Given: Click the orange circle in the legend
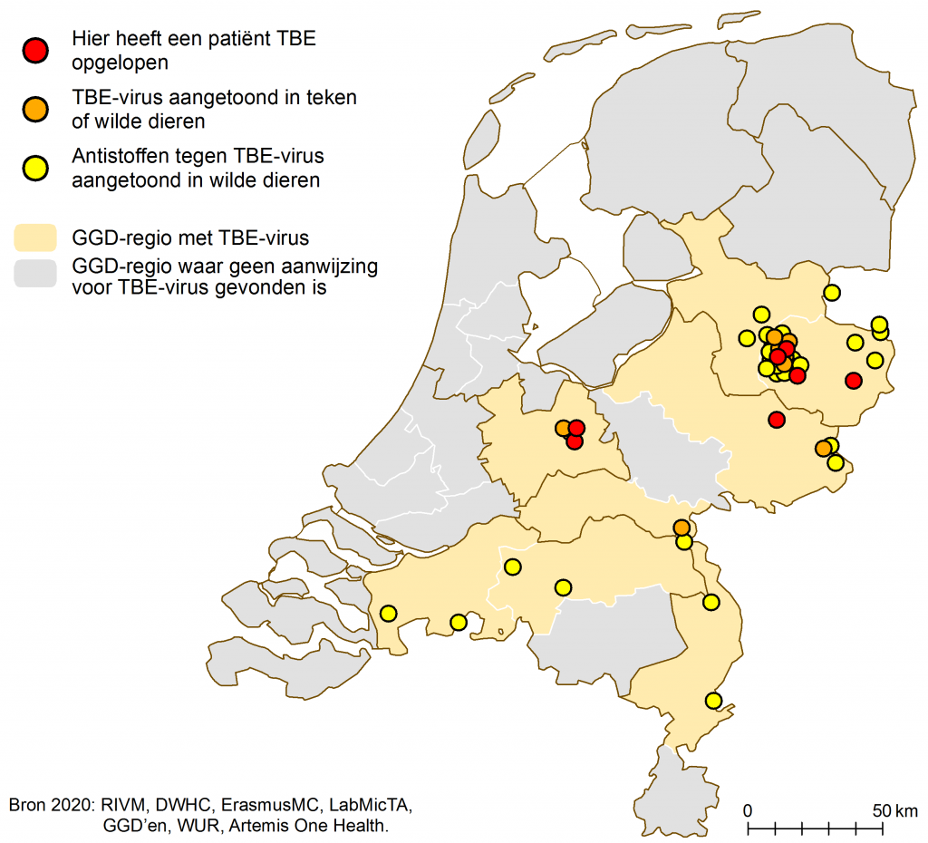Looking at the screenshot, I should click(x=35, y=109).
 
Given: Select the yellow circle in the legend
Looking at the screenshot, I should click(x=35, y=168).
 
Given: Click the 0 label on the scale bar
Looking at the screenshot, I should click(x=748, y=809).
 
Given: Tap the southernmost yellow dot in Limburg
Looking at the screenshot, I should click(x=713, y=701).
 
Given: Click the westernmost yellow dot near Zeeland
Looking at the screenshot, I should click(x=388, y=613).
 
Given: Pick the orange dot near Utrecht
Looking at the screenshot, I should click(x=564, y=428).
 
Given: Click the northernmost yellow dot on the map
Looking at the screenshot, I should click(x=831, y=292).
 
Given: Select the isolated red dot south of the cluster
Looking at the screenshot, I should click(x=776, y=419).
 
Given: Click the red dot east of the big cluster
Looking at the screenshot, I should click(x=853, y=380).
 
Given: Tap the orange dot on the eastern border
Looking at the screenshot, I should click(x=823, y=448).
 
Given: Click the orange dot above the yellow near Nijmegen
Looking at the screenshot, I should click(x=681, y=528).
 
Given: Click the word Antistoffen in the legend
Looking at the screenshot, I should click(x=115, y=159).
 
